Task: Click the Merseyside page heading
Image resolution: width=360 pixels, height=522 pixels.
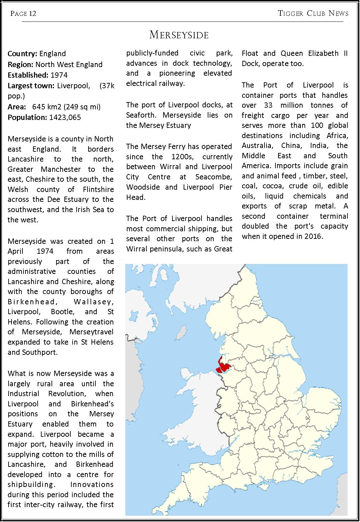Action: point(179,35)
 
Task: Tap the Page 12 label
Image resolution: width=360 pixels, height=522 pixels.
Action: point(23,14)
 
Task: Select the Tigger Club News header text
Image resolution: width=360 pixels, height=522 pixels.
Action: point(313,13)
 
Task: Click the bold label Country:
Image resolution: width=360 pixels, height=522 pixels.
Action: point(22,54)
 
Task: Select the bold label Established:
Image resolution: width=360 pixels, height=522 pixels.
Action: point(28,75)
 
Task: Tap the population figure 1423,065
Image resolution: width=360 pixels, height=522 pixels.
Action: point(65,117)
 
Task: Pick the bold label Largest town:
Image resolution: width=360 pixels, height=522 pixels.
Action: point(31,86)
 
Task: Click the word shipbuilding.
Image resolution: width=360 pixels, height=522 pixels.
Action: point(31,485)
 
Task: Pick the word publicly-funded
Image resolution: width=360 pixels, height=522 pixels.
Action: point(152,53)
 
